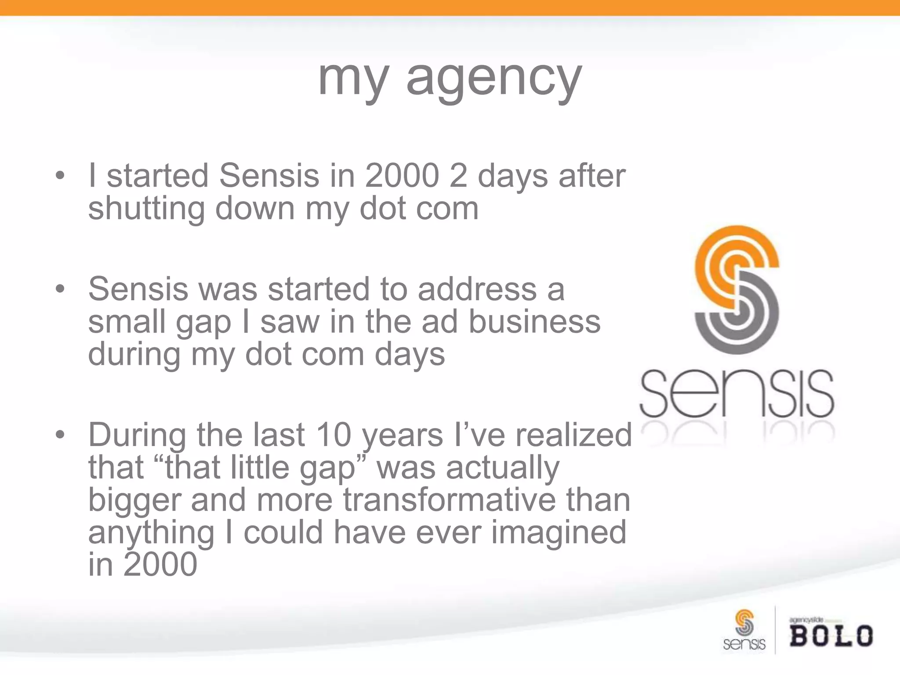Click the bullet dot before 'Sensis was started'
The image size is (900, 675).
tap(60, 290)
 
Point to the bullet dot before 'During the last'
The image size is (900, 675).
tap(60, 435)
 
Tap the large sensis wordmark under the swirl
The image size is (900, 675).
tap(736, 393)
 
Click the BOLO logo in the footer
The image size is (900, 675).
tap(831, 635)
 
